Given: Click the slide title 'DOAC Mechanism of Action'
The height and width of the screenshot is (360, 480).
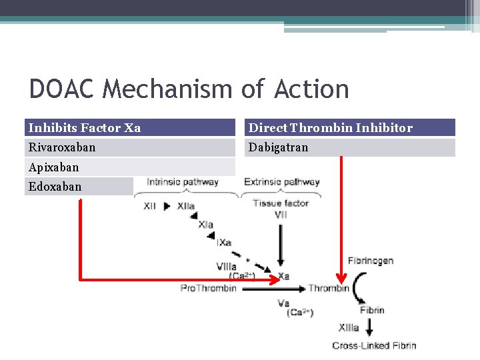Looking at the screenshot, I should pyautogui.click(x=189, y=89).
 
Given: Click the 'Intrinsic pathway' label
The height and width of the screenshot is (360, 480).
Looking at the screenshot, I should pyautogui.click(x=183, y=182).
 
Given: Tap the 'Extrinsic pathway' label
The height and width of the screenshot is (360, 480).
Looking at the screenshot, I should pyautogui.click(x=282, y=182).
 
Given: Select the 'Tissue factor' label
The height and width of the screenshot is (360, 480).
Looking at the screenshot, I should pyautogui.click(x=281, y=203).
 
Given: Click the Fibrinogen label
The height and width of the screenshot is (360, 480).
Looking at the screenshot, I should pyautogui.click(x=371, y=261).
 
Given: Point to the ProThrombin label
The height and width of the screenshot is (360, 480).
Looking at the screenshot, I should pyautogui.click(x=209, y=288).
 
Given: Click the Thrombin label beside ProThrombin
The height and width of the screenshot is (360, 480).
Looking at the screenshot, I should pyautogui.click(x=329, y=288).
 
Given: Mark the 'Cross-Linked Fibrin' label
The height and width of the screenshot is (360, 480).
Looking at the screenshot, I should pyautogui.click(x=374, y=345).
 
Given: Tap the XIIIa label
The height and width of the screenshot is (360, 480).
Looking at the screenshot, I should pyautogui.click(x=349, y=327).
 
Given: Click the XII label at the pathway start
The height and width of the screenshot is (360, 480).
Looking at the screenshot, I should pyautogui.click(x=151, y=207).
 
